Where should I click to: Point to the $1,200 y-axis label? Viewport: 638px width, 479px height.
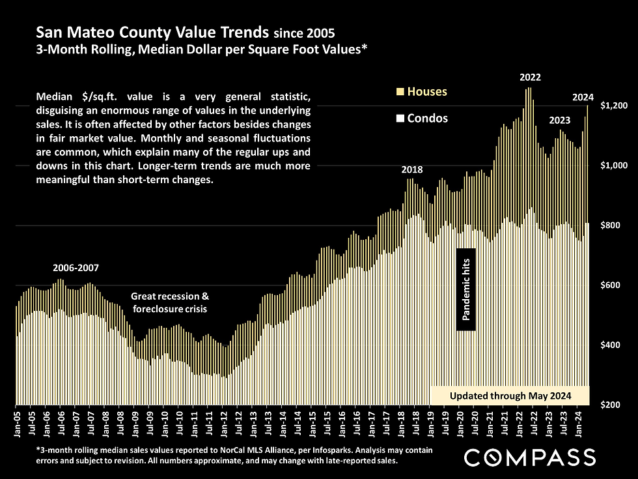point(613,106)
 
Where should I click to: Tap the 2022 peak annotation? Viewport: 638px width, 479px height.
point(530,78)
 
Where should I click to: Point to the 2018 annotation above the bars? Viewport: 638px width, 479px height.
point(411,169)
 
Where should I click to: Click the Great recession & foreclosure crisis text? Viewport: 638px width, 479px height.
point(170,302)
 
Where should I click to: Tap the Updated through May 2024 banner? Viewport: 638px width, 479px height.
point(510,396)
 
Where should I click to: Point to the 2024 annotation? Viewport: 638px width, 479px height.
point(583,98)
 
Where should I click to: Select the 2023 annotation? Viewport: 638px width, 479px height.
point(560,121)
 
